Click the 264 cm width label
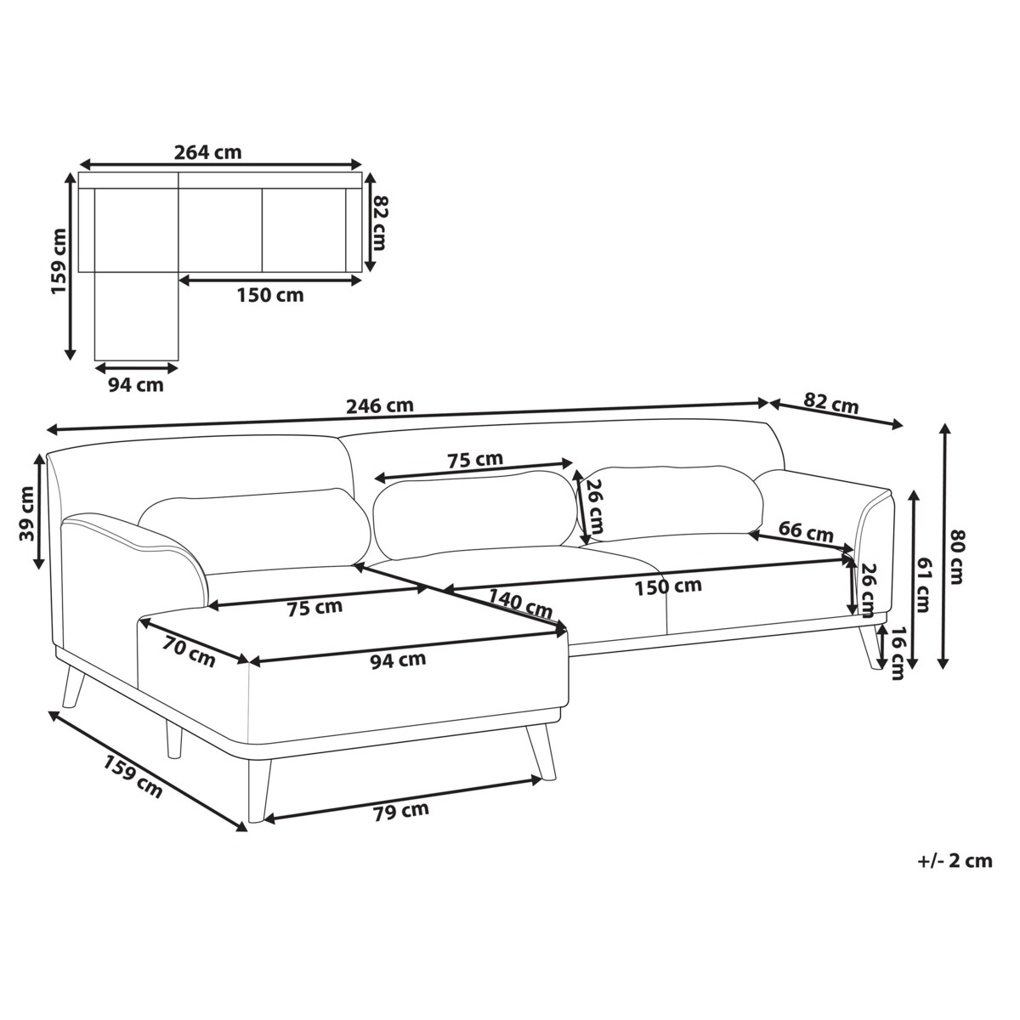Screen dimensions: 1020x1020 click(x=207, y=152)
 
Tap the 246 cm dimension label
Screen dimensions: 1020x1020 click(x=379, y=406)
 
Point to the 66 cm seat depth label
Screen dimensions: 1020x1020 click(x=807, y=531)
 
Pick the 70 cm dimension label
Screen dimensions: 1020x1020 click(x=189, y=652)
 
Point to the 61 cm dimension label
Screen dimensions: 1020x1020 click(x=922, y=585)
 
